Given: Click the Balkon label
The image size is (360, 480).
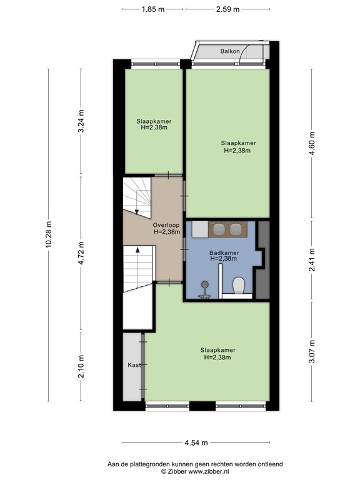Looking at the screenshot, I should point(230,51).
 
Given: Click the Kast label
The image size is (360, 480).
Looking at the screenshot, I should point(133,364).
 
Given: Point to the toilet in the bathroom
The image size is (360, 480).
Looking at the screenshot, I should point(237,286).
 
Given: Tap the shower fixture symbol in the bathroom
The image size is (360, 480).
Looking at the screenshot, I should point(204,289).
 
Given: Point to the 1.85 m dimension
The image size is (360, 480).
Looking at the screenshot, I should point(152,9).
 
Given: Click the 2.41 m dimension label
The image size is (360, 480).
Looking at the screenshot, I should point(312,261).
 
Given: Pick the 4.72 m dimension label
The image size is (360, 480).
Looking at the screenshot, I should point(80,252).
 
